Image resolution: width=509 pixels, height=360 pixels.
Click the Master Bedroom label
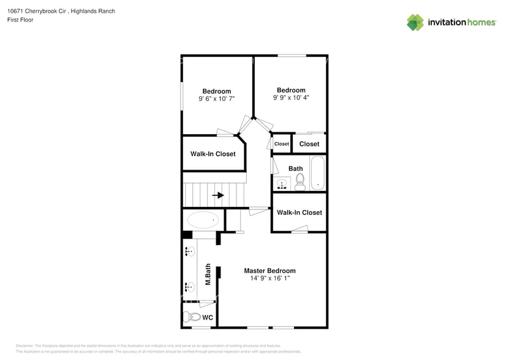pos(270,271)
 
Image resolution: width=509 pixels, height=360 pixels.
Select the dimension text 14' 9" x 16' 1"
pos(270,279)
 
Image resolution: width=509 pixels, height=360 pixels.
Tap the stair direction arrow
pos(218,196)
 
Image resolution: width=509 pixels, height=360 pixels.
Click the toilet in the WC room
pos(194,317)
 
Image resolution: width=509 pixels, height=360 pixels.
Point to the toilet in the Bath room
pos(300,181)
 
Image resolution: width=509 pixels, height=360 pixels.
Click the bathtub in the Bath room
pos(318,173)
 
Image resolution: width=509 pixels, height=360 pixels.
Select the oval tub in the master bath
pos(203,219)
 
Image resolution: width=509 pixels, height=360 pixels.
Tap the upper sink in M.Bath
pos(189,250)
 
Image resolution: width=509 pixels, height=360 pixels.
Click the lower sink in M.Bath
pos(189,286)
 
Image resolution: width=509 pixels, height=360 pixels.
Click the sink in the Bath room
pos(282,184)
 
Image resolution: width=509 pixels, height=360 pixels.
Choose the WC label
pos(208,318)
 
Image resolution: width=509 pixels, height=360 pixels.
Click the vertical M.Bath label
pos(208,274)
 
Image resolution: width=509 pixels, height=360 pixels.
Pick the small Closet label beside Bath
pos(281,144)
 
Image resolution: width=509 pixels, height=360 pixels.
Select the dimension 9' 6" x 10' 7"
pos(217,99)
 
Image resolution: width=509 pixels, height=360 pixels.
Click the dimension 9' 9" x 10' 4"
pos(291,97)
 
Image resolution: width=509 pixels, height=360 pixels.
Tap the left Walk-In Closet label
pos(213,154)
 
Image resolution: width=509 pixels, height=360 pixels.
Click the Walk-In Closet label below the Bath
pos(299,212)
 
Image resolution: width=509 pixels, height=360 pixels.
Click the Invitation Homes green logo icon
pos(415,22)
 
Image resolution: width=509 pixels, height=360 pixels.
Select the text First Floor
pos(20,20)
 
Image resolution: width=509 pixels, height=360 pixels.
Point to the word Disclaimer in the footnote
pos(25,346)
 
